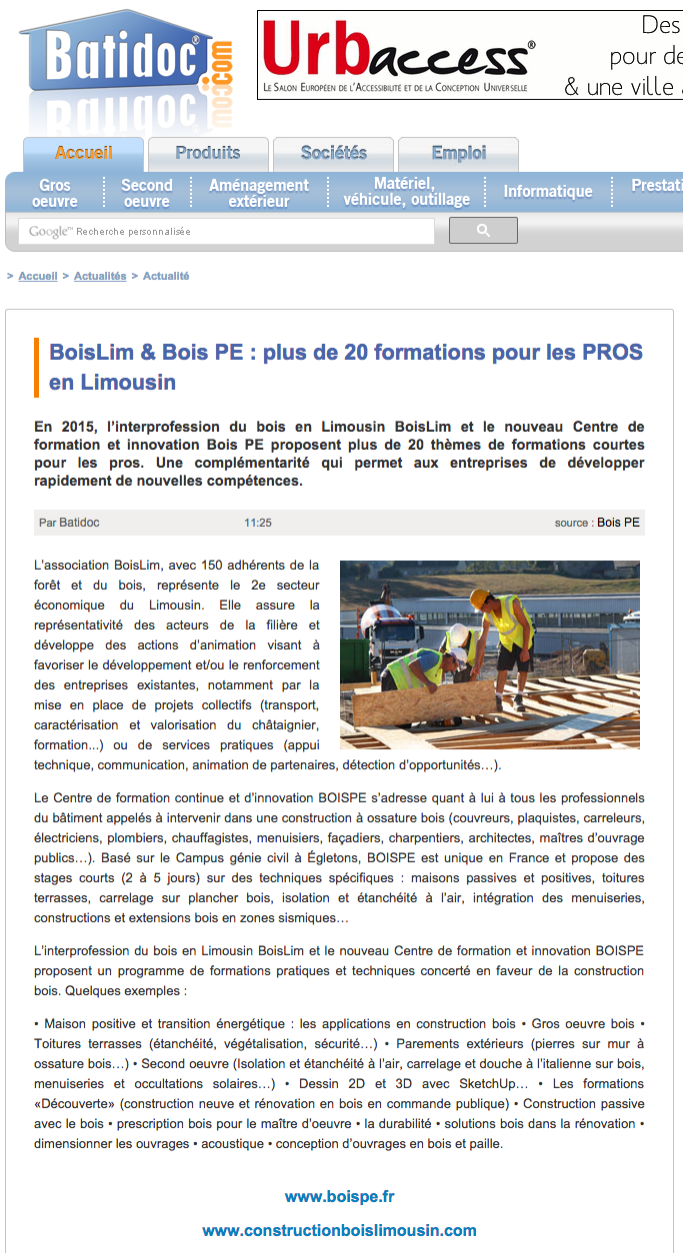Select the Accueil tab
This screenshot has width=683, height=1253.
[x=84, y=154]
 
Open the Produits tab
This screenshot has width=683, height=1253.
[x=208, y=154]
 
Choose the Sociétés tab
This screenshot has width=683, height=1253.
[x=334, y=154]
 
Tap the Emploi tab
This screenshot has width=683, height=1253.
[x=459, y=154]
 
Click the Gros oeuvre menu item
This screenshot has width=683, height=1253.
[x=55, y=193]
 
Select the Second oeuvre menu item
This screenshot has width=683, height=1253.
[x=147, y=193]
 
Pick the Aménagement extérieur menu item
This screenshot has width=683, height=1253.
[x=259, y=193]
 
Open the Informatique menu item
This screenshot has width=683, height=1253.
[x=548, y=192]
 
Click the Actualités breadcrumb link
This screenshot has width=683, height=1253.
[x=100, y=276]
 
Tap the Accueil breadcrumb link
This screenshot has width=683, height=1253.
[x=38, y=276]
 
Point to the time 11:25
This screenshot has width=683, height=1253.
[x=258, y=523]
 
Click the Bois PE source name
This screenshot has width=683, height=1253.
[x=619, y=523]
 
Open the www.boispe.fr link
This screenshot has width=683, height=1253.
[x=340, y=1196]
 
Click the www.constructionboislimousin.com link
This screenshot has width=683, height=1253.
[x=340, y=1230]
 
